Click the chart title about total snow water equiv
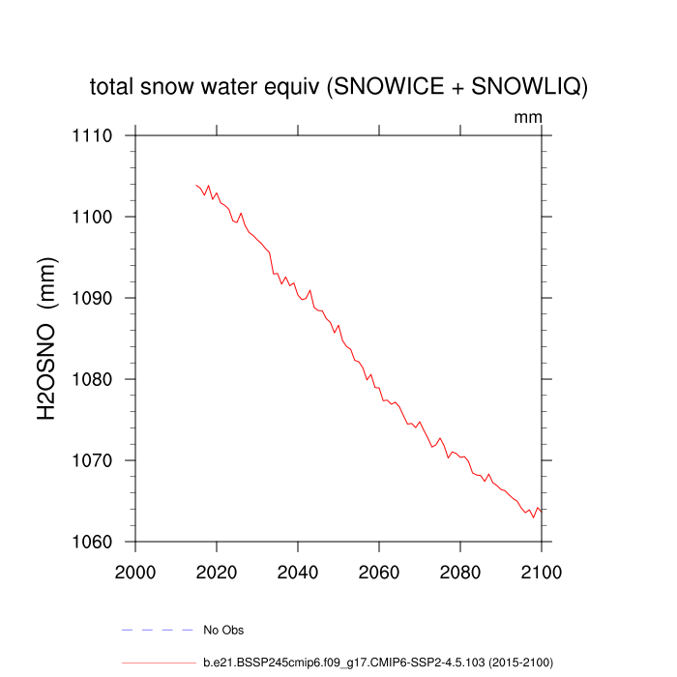[338, 87]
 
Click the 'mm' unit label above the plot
[527, 117]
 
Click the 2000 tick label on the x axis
[135, 570]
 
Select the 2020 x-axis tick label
[217, 570]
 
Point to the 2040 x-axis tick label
[298, 570]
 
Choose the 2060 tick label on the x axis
[379, 570]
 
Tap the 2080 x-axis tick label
[460, 570]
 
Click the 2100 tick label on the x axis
[541, 570]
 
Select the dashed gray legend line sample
[158, 631]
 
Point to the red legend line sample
[158, 663]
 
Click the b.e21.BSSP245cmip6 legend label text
[377, 663]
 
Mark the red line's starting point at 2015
[196, 185]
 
